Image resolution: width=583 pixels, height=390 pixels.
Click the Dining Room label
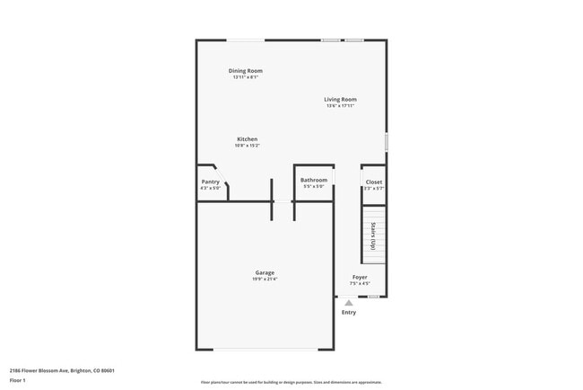point(245,71)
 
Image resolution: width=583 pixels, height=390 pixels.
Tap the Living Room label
point(341,100)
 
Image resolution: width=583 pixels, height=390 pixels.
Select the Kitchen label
point(248,139)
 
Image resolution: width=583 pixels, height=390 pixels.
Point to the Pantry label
point(211,182)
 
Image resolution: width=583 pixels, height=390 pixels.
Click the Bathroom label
point(314,180)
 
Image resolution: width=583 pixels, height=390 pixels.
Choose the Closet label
point(374,182)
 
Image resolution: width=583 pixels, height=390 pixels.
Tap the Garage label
point(265,272)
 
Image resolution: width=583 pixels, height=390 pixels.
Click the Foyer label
point(360,278)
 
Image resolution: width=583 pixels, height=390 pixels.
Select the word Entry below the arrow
point(349,313)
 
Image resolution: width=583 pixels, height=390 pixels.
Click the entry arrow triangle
point(349,303)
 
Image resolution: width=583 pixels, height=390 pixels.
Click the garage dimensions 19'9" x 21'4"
point(265,279)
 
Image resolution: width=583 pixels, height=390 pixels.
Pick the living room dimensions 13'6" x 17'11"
point(341,107)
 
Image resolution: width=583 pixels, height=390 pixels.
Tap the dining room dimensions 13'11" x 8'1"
point(245,77)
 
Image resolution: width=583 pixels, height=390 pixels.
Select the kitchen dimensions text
point(248,146)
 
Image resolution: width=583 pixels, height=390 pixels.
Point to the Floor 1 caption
point(18,380)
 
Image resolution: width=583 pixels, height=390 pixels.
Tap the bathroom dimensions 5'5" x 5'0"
point(314,187)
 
